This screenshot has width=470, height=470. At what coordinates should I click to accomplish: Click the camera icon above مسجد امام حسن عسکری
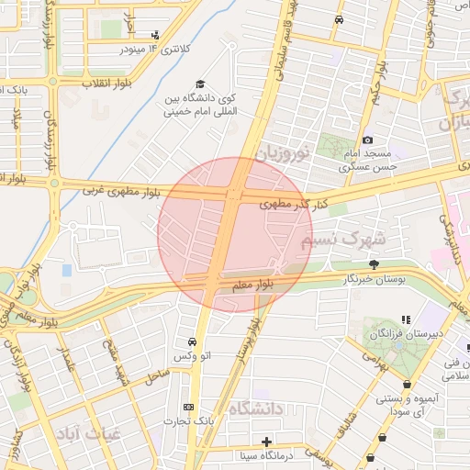point(367,140)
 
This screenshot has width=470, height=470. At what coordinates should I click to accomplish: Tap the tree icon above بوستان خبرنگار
point(373,263)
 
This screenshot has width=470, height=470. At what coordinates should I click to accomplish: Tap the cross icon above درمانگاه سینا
point(266,441)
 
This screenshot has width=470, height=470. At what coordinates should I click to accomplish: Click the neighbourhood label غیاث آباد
point(83,434)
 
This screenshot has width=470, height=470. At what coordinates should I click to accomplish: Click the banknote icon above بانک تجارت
point(188,407)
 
